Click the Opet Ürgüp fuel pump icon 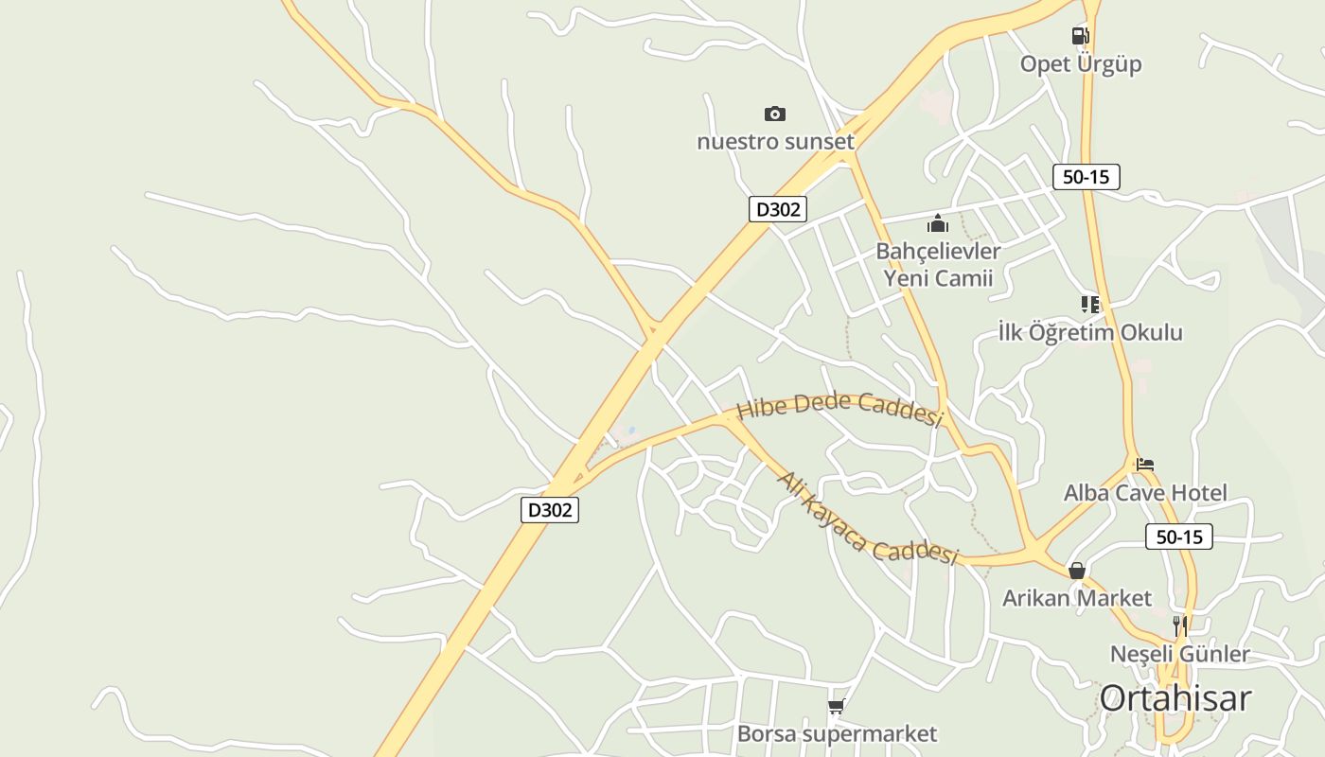pyautogui.click(x=1080, y=36)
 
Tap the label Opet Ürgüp pyautogui.click(x=1081, y=64)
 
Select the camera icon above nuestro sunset pyautogui.click(x=775, y=114)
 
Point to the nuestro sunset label pyautogui.click(x=775, y=142)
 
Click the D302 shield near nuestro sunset pyautogui.click(x=778, y=209)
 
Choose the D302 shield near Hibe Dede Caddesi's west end pyautogui.click(x=550, y=510)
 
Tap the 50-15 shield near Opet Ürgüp pyautogui.click(x=1086, y=177)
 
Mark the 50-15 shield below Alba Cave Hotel pyautogui.click(x=1178, y=537)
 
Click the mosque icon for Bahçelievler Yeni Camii pyautogui.click(x=938, y=223)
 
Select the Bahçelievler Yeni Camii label pyautogui.click(x=938, y=264)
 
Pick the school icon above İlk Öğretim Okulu pyautogui.click(x=1090, y=305)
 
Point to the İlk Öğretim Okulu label pyautogui.click(x=1090, y=333)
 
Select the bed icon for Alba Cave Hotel pyautogui.click(x=1145, y=465)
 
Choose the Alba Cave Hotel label pyautogui.click(x=1145, y=493)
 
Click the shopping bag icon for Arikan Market pyautogui.click(x=1076, y=571)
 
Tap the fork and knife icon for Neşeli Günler pyautogui.click(x=1179, y=625)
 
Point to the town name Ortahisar pyautogui.click(x=1175, y=698)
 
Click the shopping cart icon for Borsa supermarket pyautogui.click(x=836, y=706)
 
